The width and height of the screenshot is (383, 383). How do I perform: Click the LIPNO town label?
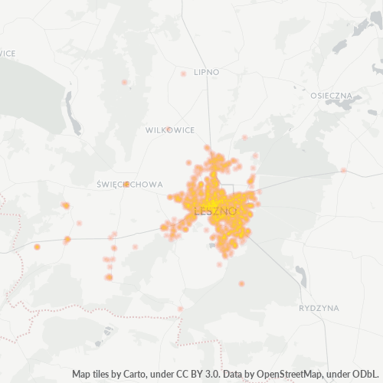point(207,71)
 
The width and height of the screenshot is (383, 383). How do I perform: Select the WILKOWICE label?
point(170,130)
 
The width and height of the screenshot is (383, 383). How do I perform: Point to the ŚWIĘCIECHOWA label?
point(130,185)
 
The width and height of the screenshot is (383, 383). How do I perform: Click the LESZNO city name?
point(215,211)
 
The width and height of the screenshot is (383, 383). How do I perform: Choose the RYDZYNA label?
point(318,307)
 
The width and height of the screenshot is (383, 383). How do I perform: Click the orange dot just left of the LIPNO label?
point(183,74)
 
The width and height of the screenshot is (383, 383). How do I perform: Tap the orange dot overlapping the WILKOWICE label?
point(168,129)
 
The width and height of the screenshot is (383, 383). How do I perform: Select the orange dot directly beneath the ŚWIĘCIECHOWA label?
point(126,184)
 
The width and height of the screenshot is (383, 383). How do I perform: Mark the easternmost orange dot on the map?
point(344,170)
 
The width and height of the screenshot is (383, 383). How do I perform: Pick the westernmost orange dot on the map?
point(37,247)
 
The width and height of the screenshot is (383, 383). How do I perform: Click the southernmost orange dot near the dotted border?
point(180,309)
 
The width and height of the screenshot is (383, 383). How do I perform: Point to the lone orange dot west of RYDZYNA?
point(241,283)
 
